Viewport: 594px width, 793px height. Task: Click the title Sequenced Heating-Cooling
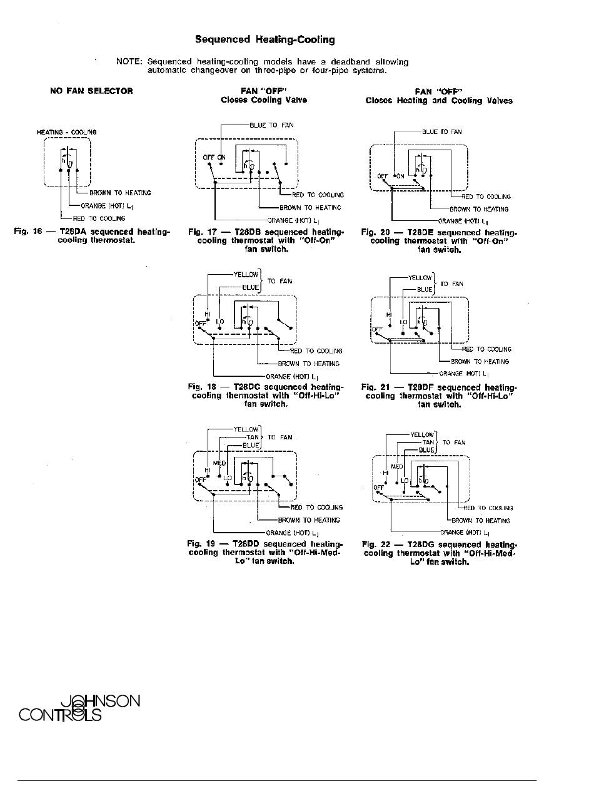[x=264, y=40]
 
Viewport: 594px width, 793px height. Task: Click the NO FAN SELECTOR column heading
[x=91, y=91]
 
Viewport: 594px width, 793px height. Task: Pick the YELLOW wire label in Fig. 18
[x=245, y=274]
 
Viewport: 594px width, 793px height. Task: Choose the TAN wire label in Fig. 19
[x=253, y=437]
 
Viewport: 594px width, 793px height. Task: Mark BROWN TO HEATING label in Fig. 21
[x=480, y=362]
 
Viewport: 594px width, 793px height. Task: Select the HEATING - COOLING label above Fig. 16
[x=66, y=132]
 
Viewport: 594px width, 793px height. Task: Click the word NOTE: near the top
[x=129, y=62]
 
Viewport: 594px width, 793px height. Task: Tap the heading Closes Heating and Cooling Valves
[x=439, y=100]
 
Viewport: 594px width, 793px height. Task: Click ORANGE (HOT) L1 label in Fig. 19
[x=291, y=533]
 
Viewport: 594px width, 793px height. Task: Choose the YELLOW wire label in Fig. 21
[x=420, y=277]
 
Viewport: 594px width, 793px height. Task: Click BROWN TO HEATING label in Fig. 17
[x=310, y=208]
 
